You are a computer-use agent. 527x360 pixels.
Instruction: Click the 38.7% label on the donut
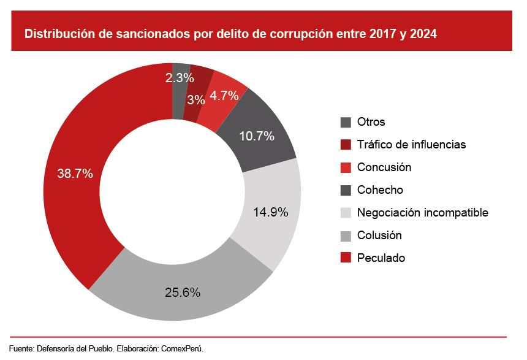point(75,174)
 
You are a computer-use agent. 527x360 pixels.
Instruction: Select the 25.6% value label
point(183,293)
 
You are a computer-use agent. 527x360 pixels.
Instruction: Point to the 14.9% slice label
point(271,212)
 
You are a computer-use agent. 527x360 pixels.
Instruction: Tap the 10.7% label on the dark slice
point(256,136)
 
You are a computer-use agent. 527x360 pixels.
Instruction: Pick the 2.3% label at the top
point(180,78)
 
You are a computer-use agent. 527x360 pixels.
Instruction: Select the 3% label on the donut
point(196,99)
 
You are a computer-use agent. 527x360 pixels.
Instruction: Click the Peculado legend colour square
point(346,258)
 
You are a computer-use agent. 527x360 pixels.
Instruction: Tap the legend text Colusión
point(379,235)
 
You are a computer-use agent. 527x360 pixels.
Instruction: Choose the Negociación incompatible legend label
point(422,212)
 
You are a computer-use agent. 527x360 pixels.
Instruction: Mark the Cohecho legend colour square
point(346,190)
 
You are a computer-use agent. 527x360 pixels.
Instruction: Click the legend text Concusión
point(384,167)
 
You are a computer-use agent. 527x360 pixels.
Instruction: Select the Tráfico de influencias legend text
point(411,144)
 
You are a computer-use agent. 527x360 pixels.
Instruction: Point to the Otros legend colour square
point(346,121)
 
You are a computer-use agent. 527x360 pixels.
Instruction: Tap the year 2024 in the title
point(424,34)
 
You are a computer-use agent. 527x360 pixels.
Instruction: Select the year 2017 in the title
point(383,34)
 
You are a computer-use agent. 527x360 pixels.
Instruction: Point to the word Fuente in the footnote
point(21,348)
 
